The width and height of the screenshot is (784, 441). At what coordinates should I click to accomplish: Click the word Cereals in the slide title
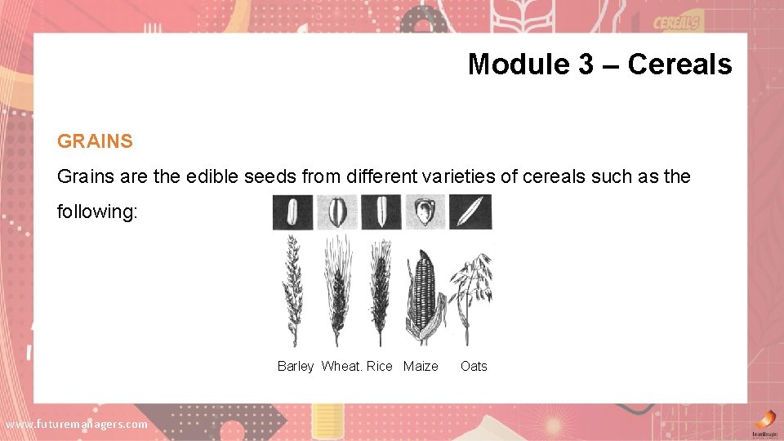679,64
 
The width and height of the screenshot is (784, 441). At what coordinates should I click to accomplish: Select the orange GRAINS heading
95,141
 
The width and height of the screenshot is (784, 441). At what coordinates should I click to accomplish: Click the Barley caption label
295,366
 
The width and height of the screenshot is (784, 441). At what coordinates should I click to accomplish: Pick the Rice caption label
380,366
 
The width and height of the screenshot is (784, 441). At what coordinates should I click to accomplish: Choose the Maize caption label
421,366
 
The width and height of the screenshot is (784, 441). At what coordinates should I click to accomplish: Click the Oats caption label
474,366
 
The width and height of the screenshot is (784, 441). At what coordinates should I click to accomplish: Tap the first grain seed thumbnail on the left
292,212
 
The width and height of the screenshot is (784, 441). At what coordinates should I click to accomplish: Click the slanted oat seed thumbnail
471,212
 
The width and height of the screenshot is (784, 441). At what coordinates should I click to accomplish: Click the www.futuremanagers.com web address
77,424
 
